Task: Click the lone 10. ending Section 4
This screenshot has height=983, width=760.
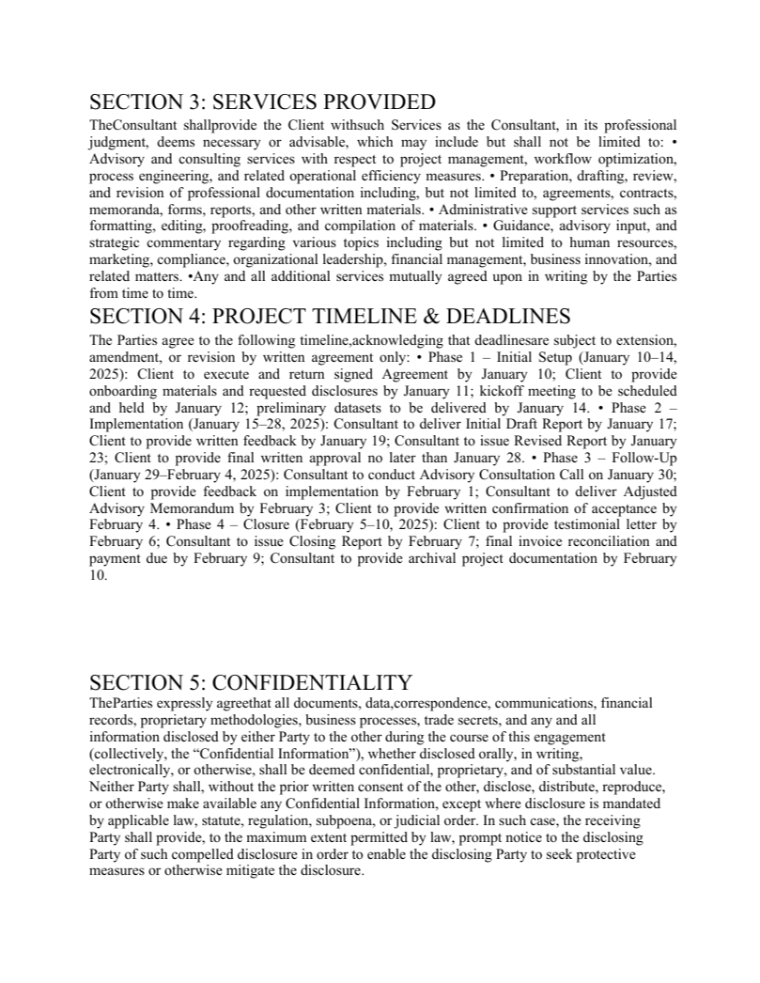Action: [x=99, y=576]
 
